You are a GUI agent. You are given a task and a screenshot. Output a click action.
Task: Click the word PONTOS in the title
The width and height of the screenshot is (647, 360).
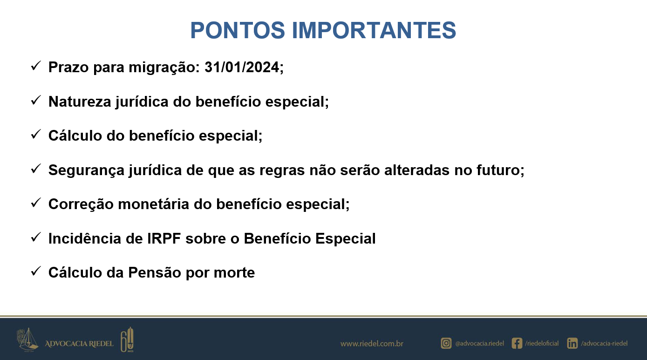pyautogui.click(x=238, y=30)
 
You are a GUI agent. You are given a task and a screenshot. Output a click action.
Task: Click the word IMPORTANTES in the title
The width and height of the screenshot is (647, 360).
pyautogui.click(x=374, y=30)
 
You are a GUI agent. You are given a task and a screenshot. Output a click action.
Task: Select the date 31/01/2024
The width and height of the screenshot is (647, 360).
pyautogui.click(x=242, y=67)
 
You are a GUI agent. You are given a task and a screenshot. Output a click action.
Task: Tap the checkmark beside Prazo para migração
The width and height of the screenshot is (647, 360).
pyautogui.click(x=36, y=66)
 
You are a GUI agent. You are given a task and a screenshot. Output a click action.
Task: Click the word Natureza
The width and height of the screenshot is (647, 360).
pyautogui.click(x=80, y=102)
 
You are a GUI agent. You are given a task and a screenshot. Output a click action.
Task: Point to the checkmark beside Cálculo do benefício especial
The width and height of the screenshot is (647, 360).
pyautogui.click(x=36, y=134)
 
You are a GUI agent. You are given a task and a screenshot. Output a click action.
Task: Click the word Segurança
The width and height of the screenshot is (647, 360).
pyautogui.click(x=86, y=170)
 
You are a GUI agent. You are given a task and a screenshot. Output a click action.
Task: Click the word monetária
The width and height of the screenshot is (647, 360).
pyautogui.click(x=153, y=204)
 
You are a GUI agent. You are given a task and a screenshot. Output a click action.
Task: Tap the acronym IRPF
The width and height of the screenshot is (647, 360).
pyautogui.click(x=164, y=238)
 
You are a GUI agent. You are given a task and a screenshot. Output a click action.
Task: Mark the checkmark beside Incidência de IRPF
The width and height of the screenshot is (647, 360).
pyautogui.click(x=36, y=238)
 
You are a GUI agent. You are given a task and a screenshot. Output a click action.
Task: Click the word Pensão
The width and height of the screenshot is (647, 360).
pyautogui.click(x=154, y=272)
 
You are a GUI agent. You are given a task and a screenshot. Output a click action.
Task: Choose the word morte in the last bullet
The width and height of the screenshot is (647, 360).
pyautogui.click(x=234, y=273)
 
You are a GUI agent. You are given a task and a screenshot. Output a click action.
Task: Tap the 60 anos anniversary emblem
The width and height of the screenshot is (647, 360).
pyautogui.click(x=127, y=340)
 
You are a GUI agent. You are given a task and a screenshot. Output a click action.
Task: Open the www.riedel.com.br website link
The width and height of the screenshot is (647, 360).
pyautogui.click(x=372, y=344)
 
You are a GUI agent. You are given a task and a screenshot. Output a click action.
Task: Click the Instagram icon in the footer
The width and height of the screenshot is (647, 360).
pyautogui.click(x=446, y=343)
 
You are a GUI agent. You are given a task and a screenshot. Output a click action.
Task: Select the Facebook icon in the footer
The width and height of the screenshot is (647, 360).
pyautogui.click(x=517, y=343)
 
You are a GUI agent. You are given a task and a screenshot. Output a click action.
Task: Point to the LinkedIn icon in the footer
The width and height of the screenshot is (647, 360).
pyautogui.click(x=572, y=343)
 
